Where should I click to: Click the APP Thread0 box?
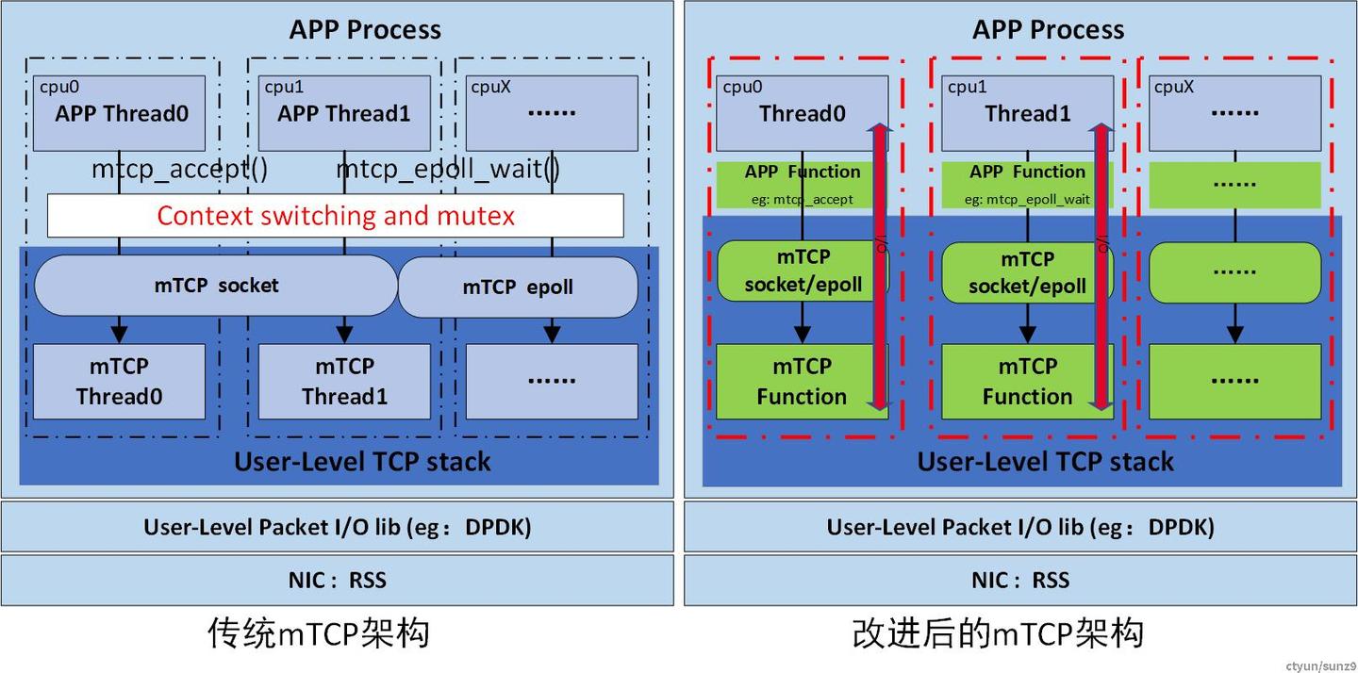click(119, 113)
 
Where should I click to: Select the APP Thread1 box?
click(344, 113)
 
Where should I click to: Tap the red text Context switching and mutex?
click(335, 216)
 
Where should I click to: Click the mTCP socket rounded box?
click(216, 286)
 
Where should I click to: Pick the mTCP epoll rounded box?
click(518, 287)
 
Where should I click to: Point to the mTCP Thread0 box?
click(119, 381)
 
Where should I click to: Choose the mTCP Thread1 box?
click(344, 381)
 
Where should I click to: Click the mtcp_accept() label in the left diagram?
click(179, 170)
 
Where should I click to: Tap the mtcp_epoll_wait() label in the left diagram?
click(448, 170)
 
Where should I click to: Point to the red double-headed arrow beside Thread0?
click(879, 266)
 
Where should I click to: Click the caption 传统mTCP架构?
click(319, 632)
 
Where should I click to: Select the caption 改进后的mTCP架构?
click(998, 632)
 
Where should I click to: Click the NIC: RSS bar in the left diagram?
click(337, 580)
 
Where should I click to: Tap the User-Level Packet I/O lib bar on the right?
click(1020, 526)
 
